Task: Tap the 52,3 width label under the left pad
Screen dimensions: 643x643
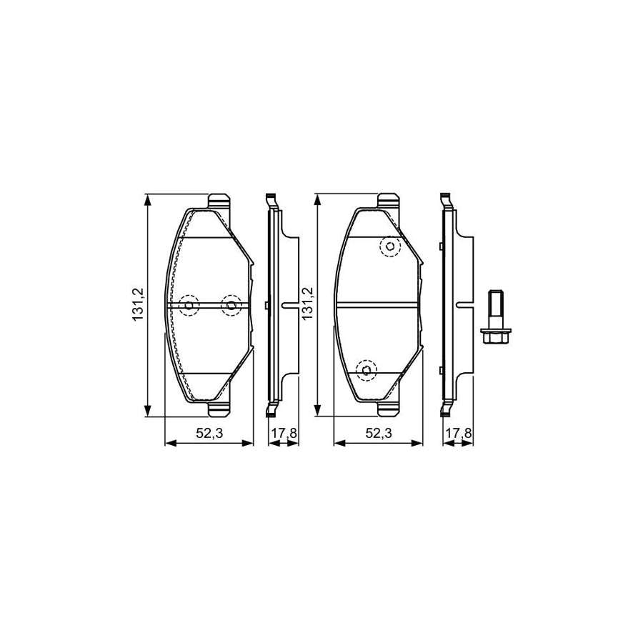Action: tap(209, 433)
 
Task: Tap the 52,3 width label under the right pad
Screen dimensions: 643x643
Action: tap(379, 433)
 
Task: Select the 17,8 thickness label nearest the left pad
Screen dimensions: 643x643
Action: tap(283, 433)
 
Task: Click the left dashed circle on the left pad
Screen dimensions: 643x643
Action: tap(189, 306)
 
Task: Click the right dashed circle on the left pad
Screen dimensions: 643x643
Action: tap(230, 306)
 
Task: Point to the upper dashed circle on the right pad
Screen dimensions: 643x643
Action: tap(389, 247)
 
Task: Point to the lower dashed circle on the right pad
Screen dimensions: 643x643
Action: tap(367, 369)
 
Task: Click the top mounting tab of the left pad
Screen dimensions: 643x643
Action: tap(219, 201)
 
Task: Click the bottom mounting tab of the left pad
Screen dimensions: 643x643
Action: tap(219, 410)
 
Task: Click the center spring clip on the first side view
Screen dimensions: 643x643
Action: tap(289, 306)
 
